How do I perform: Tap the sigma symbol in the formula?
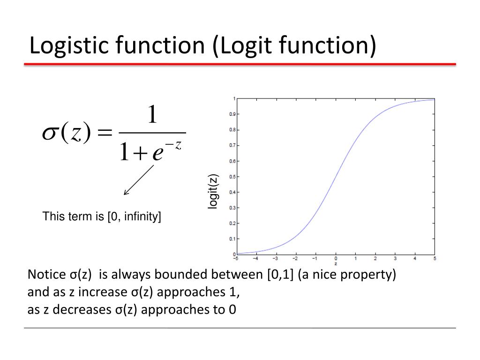coord(49,134)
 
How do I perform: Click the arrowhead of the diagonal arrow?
coord(125,193)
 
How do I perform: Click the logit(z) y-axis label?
coord(213,191)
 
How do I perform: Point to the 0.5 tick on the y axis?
coord(232,177)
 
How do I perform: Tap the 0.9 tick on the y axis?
coord(232,114)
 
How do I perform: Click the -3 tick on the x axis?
coord(275,258)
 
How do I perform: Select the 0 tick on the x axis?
coord(336,258)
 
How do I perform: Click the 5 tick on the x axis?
coord(435,258)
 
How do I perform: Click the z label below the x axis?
coord(336,263)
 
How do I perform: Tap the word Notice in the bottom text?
coord(45,275)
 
